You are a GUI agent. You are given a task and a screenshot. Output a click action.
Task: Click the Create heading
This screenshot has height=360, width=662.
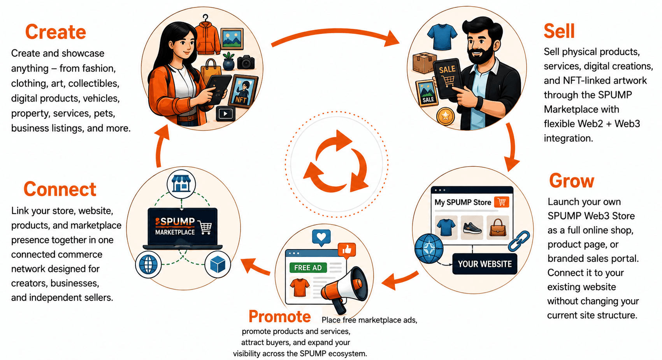(x=56, y=32)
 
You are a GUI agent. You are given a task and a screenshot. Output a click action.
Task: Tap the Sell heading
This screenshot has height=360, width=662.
(x=559, y=31)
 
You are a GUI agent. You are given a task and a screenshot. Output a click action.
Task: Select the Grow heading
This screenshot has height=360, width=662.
(x=572, y=181)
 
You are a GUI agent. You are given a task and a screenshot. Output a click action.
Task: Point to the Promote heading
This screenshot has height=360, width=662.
(x=279, y=316)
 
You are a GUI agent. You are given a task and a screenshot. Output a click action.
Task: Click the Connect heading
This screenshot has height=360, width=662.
(x=60, y=189)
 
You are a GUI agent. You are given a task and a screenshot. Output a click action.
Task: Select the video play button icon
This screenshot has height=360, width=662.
(x=225, y=114)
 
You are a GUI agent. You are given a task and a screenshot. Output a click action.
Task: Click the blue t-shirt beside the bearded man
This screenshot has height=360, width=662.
(x=442, y=37)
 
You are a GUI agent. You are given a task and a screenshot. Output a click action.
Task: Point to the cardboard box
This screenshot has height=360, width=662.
(x=424, y=63)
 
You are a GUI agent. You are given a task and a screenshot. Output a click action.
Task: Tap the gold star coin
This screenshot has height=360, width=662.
(x=445, y=116)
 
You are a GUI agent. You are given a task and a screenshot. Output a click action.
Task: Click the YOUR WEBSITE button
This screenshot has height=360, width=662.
(x=485, y=264)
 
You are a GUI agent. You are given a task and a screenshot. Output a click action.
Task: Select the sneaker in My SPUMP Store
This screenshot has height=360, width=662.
(x=472, y=228)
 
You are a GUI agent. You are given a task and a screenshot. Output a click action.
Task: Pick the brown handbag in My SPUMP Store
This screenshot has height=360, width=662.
(x=498, y=227)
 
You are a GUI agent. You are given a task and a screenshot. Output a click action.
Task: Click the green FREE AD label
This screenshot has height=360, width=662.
(x=308, y=268)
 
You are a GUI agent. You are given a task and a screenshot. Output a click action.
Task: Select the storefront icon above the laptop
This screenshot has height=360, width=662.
(x=181, y=184)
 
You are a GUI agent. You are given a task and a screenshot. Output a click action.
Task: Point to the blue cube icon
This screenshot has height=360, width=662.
(x=218, y=264)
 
